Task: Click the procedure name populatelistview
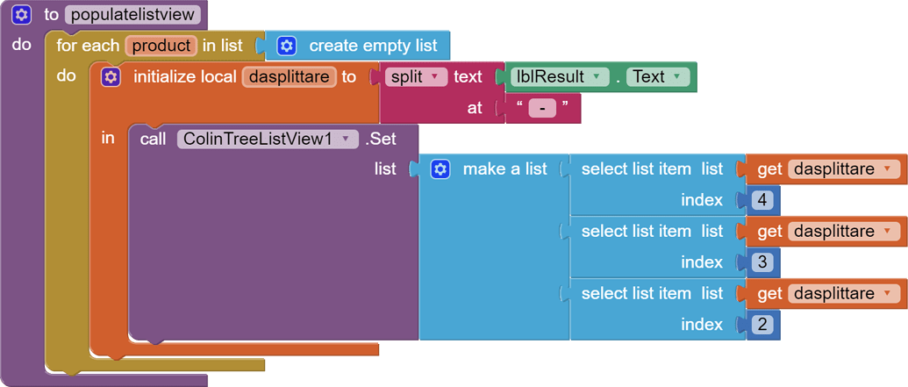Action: [133, 15]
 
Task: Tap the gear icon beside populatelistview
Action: [22, 15]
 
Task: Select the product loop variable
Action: [161, 46]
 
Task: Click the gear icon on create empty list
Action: [287, 46]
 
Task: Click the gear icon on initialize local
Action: [111, 77]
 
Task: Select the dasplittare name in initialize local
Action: [289, 77]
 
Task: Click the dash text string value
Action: [542, 109]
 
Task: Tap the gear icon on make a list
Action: [440, 169]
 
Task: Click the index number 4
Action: [761, 201]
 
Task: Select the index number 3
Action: [761, 262]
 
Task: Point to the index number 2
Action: [761, 325]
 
